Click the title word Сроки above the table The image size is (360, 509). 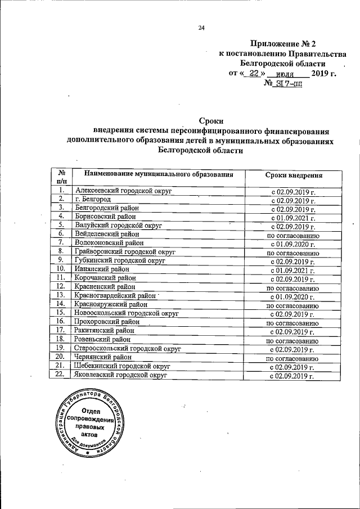coord(211,120)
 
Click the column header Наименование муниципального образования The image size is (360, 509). coord(159,175)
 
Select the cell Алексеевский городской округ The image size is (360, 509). coord(123,191)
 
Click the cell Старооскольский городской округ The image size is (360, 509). coord(128,349)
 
